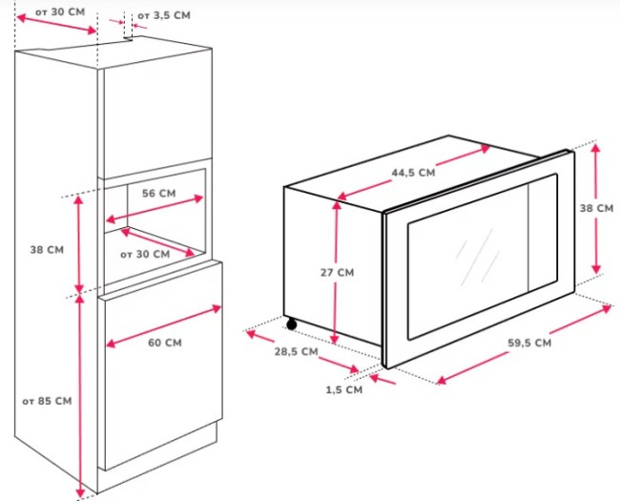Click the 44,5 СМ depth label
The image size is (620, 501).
[x=413, y=173]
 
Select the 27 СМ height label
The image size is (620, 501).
[x=337, y=272]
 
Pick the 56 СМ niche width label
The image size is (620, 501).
[x=158, y=193]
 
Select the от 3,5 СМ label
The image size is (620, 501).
[x=163, y=16]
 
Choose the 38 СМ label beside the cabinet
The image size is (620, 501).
[x=47, y=249]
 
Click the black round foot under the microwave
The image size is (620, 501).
[x=291, y=324]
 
